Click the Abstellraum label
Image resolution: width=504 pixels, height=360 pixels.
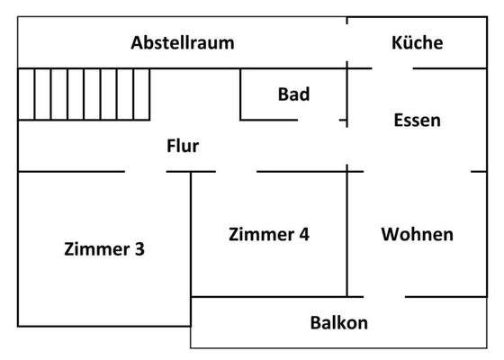[x=183, y=42]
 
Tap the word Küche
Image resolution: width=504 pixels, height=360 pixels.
[x=417, y=42]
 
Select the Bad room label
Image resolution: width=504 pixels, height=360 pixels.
[x=293, y=94]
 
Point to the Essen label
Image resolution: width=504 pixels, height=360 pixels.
[x=417, y=120]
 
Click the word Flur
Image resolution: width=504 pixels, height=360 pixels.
[x=183, y=146]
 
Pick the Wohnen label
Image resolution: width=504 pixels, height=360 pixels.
[x=417, y=235]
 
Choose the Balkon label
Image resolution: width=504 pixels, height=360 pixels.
[x=338, y=322]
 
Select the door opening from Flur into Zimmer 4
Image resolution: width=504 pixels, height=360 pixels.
[x=236, y=171]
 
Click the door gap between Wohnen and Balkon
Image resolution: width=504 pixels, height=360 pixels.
[x=384, y=296]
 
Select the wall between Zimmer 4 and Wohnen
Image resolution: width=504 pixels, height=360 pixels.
[x=347, y=234]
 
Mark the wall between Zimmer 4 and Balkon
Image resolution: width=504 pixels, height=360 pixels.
[x=270, y=297]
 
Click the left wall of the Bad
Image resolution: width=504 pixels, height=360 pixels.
[x=240, y=94]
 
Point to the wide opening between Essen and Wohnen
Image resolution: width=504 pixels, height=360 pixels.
[x=410, y=171]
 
